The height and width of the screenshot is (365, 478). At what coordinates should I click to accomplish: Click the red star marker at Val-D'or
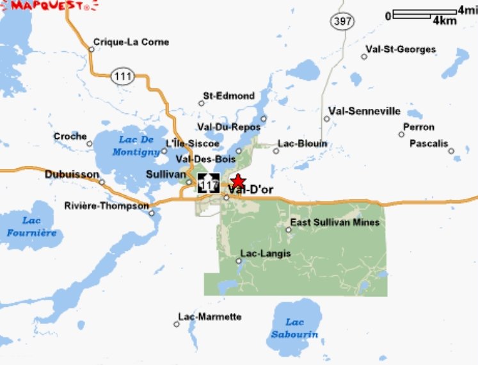[237, 181]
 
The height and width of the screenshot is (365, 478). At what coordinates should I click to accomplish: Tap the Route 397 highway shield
[342, 21]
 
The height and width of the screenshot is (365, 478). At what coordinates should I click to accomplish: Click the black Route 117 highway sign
[209, 183]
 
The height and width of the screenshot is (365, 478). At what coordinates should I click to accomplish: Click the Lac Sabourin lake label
[294, 328]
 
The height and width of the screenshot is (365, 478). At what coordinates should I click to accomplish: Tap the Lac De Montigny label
[136, 145]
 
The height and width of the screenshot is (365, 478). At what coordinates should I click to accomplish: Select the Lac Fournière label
[31, 227]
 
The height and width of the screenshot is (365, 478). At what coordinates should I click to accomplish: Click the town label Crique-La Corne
[131, 42]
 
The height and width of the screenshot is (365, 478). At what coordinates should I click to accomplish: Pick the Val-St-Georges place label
[401, 49]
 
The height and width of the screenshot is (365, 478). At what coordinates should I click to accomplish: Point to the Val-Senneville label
[364, 111]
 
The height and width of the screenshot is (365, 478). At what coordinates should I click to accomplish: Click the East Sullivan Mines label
[335, 222]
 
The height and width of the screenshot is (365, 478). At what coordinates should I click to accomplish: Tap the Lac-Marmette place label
[210, 317]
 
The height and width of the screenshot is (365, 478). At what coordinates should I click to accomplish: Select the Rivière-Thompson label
[107, 206]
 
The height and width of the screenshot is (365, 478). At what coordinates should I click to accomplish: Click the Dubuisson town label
[72, 174]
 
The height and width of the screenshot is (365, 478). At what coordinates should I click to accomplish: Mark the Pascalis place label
[429, 143]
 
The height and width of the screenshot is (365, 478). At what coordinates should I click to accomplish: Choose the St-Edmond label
[228, 96]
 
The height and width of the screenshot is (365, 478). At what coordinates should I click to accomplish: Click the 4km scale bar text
[445, 20]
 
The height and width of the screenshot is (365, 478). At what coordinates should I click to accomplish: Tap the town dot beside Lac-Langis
[238, 261]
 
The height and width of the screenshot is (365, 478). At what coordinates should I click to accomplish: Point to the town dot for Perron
[401, 134]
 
